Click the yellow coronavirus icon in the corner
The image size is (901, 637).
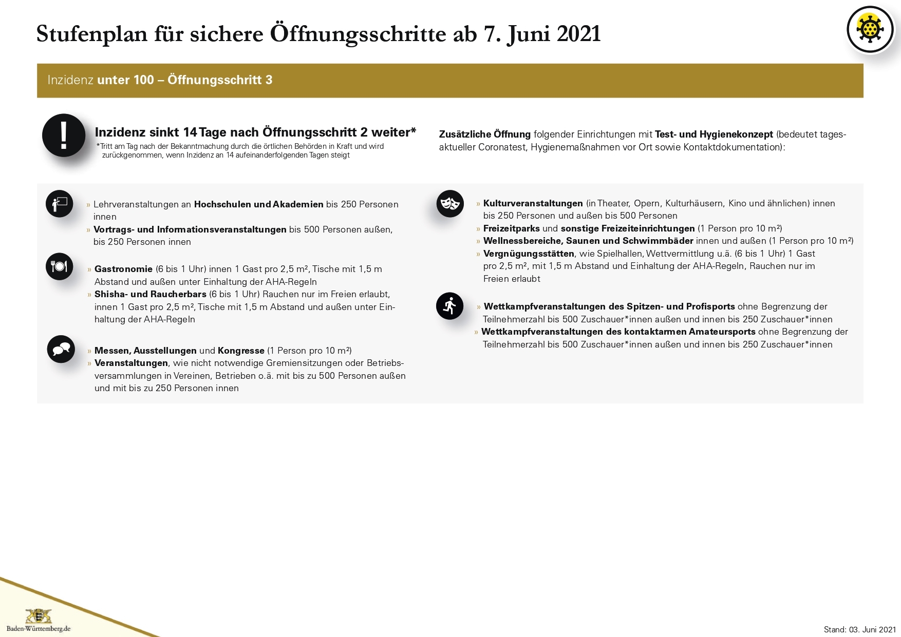tap(870, 29)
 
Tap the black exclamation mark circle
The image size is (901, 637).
tap(64, 136)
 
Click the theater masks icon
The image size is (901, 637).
tap(450, 203)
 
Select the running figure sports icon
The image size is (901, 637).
tap(449, 306)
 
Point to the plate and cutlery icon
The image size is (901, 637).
tap(60, 266)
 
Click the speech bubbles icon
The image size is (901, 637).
tap(61, 349)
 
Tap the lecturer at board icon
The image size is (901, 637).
tap(60, 204)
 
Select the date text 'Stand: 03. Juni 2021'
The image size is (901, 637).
tap(859, 629)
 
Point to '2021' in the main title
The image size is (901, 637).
tap(578, 34)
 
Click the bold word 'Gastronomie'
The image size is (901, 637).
tap(123, 269)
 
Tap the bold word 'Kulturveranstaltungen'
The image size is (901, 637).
tap(533, 203)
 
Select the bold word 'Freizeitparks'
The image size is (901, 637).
tap(511, 228)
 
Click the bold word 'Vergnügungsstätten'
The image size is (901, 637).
tap(529, 254)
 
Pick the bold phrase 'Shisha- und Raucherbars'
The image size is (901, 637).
tap(150, 294)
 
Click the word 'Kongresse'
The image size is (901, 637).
tap(241, 351)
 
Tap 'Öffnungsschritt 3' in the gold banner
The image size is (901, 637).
tap(220, 80)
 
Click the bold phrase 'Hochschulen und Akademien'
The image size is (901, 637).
tap(258, 204)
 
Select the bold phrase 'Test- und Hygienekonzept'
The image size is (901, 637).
tap(714, 134)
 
